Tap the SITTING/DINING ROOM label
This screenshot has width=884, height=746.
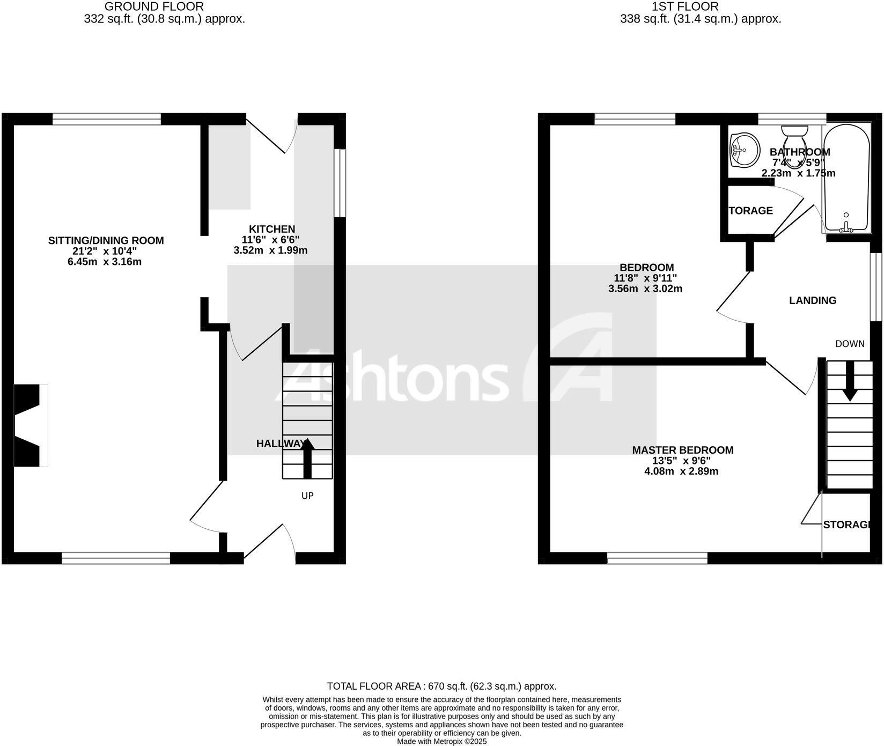(x=106, y=241)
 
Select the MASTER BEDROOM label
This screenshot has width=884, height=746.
(x=682, y=450)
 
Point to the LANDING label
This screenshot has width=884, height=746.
(x=812, y=300)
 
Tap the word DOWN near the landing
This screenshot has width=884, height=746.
(x=849, y=344)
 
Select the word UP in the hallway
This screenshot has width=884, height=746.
(x=307, y=496)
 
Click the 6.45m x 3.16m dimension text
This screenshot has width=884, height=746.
(x=105, y=262)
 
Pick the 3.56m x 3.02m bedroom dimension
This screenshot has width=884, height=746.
(x=645, y=289)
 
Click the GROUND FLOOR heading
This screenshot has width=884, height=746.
(x=154, y=7)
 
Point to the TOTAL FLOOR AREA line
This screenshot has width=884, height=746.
(x=441, y=686)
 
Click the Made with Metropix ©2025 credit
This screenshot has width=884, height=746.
(x=441, y=741)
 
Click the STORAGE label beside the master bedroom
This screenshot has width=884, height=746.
(x=845, y=525)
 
